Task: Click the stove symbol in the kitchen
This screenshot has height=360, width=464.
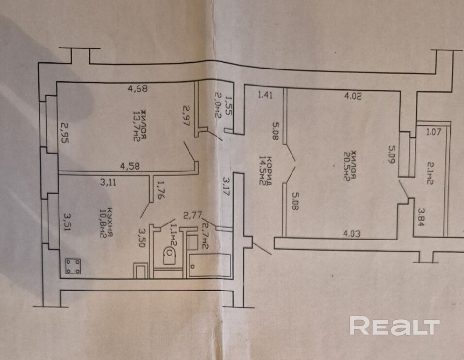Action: pos(73,266)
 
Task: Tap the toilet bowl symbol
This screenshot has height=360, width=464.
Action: pos(169,255)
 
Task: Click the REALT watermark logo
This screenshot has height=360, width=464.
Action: pos(394,326)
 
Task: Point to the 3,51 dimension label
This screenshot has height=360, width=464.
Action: pos(67,221)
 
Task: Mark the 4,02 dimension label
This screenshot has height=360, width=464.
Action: pos(354,96)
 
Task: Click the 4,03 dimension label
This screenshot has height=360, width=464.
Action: pos(353,233)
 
